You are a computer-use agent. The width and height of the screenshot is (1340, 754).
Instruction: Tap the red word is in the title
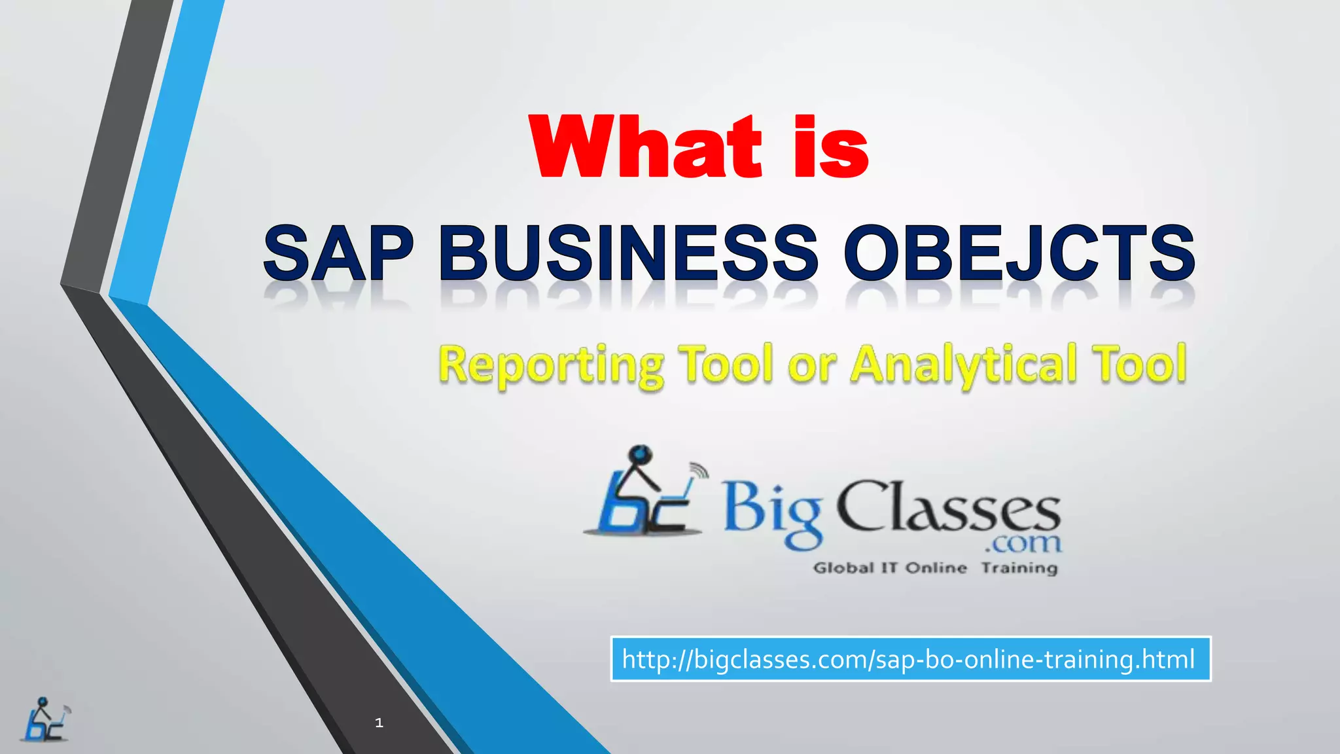click(830, 148)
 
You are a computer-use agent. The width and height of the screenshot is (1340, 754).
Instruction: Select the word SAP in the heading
click(338, 253)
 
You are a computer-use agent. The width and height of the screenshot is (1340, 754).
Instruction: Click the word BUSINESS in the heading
click(629, 253)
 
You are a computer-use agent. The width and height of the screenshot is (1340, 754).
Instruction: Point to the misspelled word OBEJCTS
click(1019, 253)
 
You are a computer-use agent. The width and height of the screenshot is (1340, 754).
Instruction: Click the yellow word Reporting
click(552, 365)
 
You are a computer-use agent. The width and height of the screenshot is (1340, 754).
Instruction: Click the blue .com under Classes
click(1023, 543)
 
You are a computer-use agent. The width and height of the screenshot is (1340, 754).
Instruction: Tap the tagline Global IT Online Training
click(935, 567)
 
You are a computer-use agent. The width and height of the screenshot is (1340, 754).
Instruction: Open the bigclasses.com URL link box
click(910, 659)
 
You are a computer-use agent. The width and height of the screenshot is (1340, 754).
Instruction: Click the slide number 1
click(379, 723)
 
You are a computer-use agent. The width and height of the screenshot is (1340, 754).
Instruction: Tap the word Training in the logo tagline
click(1019, 567)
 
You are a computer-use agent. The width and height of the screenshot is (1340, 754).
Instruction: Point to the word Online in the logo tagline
click(936, 567)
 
